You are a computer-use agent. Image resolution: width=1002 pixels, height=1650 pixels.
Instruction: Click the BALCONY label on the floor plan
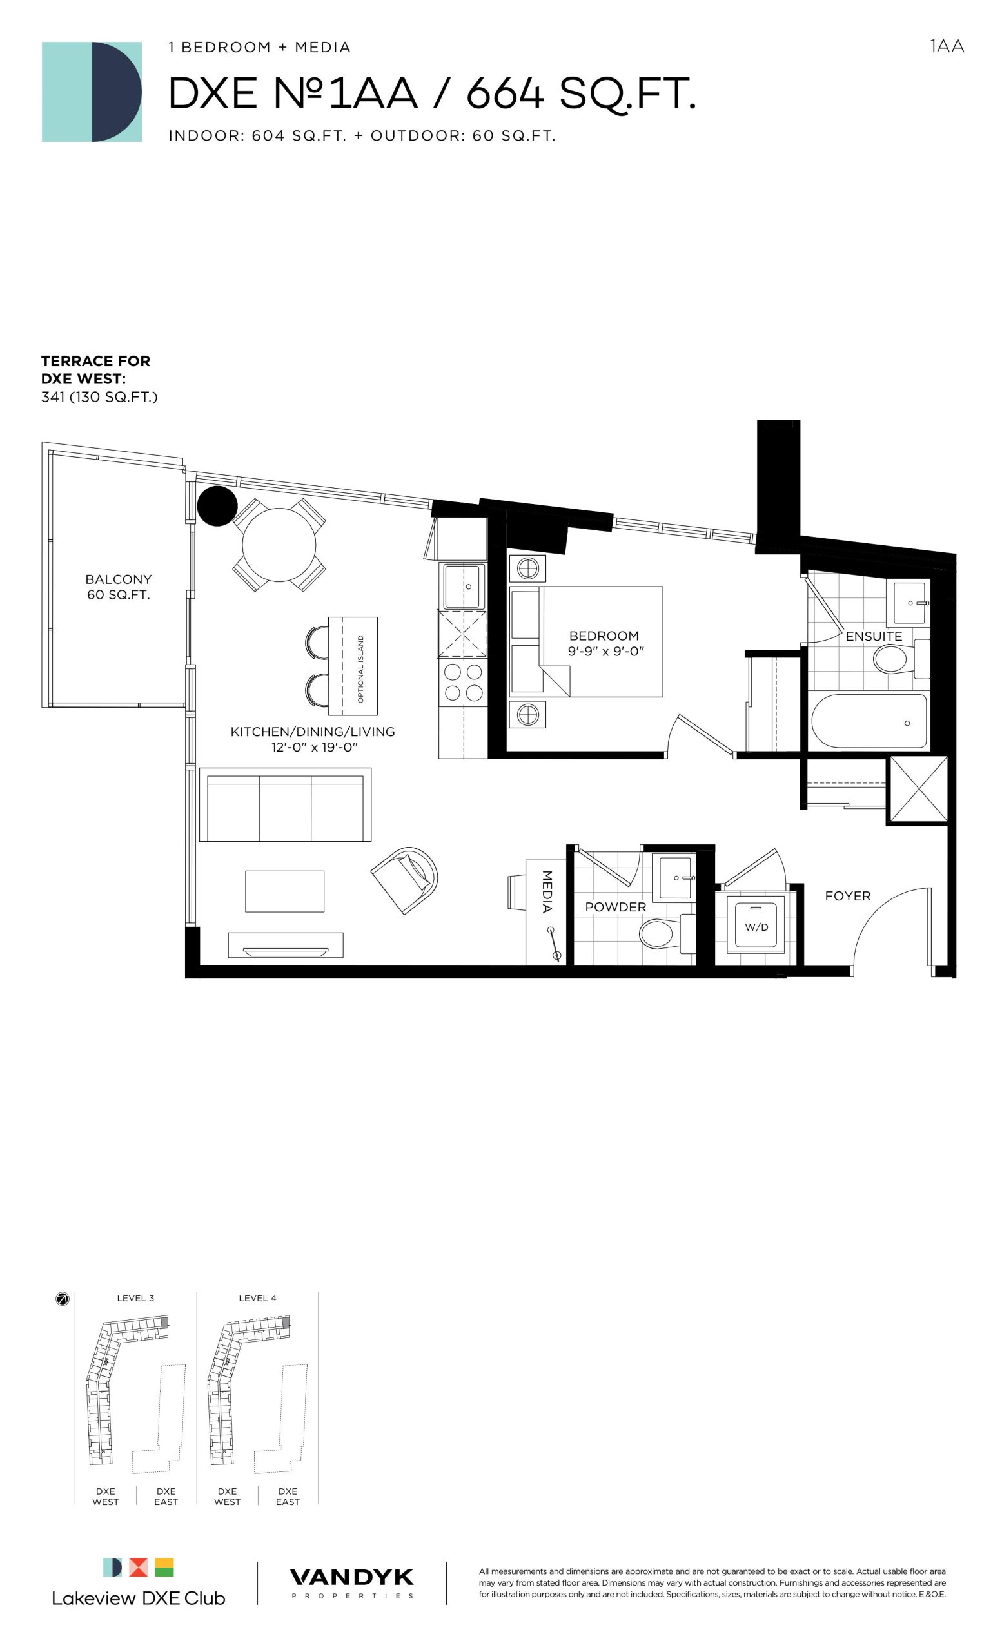(119, 579)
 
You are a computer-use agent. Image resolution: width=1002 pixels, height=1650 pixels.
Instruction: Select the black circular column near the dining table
(217, 505)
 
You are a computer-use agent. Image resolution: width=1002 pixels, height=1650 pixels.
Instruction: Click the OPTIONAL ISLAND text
(360, 668)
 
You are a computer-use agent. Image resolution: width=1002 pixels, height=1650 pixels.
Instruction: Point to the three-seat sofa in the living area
(284, 805)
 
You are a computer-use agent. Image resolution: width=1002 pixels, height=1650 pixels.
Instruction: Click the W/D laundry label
(756, 927)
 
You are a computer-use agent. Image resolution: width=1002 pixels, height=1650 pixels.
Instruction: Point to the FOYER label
(847, 896)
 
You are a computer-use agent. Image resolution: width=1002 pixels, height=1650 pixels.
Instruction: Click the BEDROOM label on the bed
(604, 636)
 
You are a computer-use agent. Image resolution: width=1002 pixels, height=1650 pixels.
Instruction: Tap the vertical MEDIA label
(547, 891)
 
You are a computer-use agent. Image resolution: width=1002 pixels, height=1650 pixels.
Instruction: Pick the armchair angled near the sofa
(405, 879)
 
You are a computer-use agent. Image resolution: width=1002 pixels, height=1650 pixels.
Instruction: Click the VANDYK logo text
(351, 1577)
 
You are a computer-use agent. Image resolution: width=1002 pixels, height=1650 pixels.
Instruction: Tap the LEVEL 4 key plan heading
(257, 1298)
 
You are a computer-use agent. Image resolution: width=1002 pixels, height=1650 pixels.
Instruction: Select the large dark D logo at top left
(117, 92)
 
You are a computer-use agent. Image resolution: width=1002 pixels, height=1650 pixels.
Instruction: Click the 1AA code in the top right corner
(947, 46)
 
